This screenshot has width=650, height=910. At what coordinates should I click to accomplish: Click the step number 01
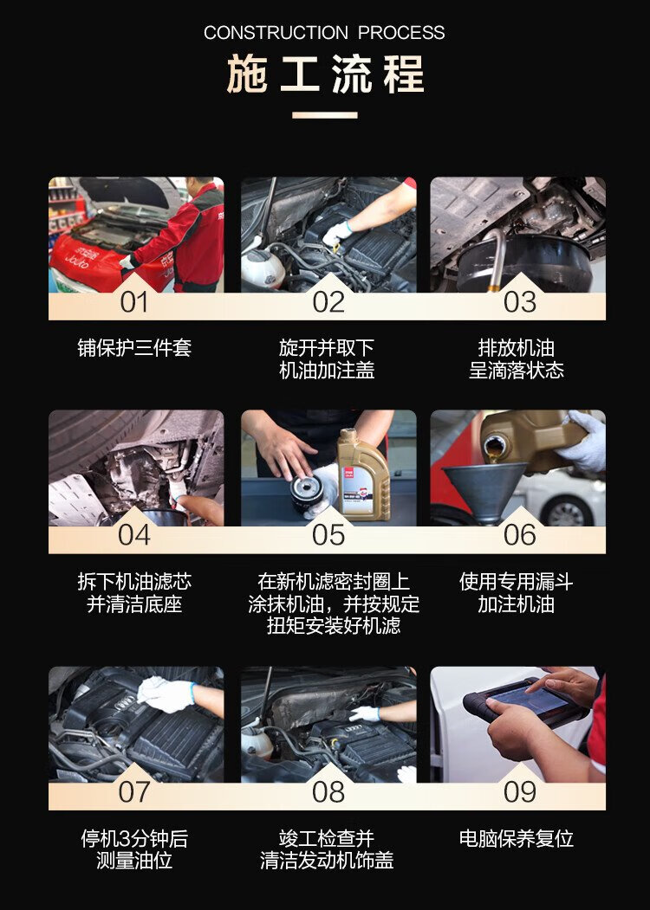[134, 302]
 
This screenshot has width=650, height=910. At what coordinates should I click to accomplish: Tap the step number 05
[328, 535]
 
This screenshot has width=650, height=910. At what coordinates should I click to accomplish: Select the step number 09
[520, 791]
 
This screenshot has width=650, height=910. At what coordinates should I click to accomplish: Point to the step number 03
[520, 302]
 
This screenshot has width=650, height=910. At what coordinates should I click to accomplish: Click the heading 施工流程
[325, 74]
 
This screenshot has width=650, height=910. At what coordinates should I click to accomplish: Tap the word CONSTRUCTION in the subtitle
[276, 33]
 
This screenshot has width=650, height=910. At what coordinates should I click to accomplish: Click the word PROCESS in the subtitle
[401, 33]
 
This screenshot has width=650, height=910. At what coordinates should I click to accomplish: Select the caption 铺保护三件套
[134, 348]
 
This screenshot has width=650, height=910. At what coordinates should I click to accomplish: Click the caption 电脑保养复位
[517, 839]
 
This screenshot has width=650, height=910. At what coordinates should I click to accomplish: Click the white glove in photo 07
[166, 694]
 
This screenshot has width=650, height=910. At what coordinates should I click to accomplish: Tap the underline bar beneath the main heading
[325, 115]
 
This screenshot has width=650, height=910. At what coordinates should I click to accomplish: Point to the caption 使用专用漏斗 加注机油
[517, 592]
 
